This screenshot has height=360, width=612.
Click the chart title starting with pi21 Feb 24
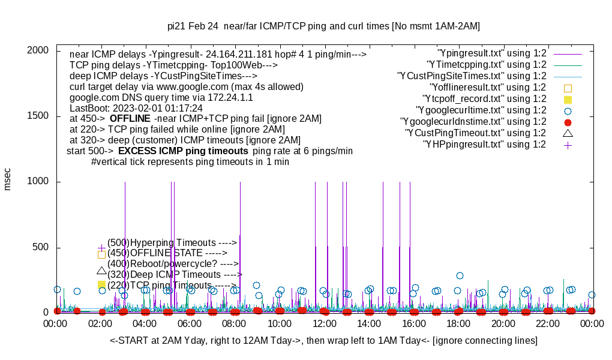pyautogui.click(x=323, y=26)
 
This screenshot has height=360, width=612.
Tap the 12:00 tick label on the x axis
pyautogui.click(x=325, y=323)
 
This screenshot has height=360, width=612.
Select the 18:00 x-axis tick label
pyautogui.click(x=458, y=323)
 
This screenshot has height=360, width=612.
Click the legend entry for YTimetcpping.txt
pyautogui.click(x=486, y=65)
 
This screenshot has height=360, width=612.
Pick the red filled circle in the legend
pyautogui.click(x=568, y=122)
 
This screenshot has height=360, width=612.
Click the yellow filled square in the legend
pyautogui.click(x=568, y=99)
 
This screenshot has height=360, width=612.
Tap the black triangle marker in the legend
pyautogui.click(x=568, y=133)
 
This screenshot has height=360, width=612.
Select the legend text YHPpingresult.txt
pyautogui.click(x=485, y=145)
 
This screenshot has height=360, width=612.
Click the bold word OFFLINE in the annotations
pyautogui.click(x=130, y=119)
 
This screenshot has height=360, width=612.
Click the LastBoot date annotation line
pyautogui.click(x=136, y=108)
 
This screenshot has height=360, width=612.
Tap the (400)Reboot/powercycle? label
pyautogui.click(x=173, y=264)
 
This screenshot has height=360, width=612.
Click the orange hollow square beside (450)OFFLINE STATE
pyautogui.click(x=101, y=254)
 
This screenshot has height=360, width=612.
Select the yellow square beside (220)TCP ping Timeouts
pyautogui.click(x=101, y=285)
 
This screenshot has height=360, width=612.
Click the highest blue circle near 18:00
pyautogui.click(x=460, y=276)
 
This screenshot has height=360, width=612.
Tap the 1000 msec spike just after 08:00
pyautogui.click(x=240, y=240)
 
